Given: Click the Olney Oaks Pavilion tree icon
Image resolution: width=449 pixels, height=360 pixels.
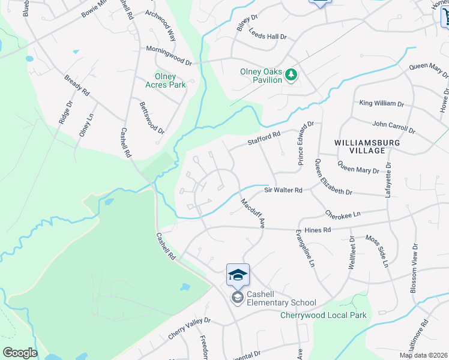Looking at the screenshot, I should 291,74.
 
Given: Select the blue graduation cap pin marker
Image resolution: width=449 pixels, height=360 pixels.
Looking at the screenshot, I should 238,275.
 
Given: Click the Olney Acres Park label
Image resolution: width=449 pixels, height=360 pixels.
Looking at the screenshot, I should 166,80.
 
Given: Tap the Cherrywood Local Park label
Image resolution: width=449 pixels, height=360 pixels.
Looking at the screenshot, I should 323,315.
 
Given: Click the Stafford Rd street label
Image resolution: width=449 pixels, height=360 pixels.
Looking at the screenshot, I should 264,139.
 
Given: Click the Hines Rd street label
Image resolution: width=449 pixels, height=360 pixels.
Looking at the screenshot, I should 318,230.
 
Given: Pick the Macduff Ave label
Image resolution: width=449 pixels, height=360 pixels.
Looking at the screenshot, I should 253,214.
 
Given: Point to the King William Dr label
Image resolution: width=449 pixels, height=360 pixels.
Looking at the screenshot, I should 381,103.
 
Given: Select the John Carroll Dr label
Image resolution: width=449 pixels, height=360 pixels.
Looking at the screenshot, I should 393,127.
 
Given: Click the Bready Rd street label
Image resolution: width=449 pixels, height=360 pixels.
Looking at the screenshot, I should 76,85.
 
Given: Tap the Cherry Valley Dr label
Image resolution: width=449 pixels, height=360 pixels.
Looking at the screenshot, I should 190,328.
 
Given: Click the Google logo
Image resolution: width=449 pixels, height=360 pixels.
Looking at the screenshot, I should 20,353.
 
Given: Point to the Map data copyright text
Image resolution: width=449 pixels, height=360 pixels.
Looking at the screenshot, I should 423,355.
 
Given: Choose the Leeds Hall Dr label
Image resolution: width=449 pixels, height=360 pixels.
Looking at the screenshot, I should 268,37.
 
